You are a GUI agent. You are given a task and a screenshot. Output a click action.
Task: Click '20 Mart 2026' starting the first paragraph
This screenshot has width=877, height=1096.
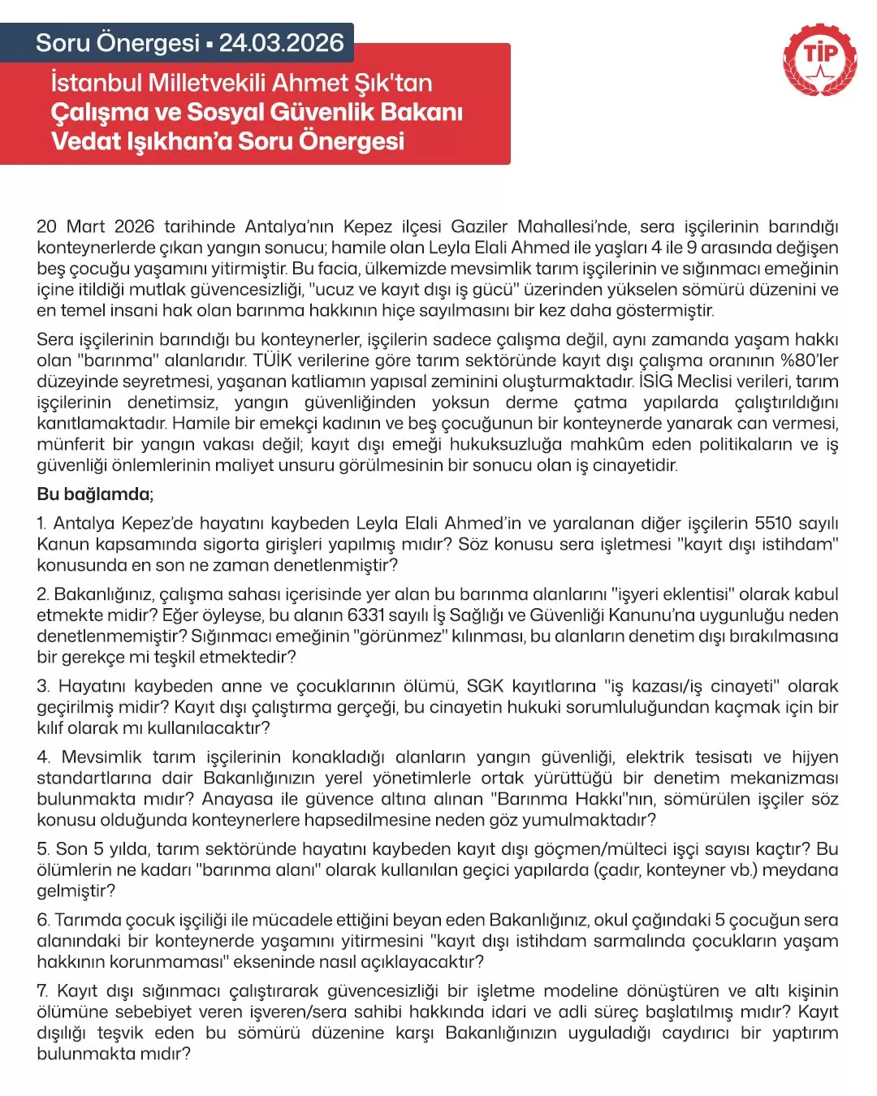(x=96, y=227)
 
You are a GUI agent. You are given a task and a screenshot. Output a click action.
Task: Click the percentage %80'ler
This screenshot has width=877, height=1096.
(x=809, y=360)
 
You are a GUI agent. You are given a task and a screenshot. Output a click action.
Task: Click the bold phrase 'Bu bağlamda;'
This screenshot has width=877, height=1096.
(x=95, y=494)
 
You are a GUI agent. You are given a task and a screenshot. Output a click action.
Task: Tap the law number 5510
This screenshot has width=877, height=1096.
(x=772, y=524)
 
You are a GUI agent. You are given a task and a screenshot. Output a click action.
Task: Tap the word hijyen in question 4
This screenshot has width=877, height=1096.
(x=814, y=757)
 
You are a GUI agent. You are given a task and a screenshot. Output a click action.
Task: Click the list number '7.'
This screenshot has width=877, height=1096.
(x=43, y=991)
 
